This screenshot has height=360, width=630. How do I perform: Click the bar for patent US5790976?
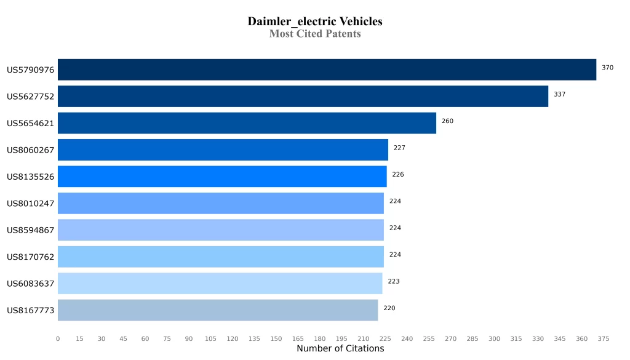[x=327, y=70]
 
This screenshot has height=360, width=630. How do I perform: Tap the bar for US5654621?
[x=247, y=123]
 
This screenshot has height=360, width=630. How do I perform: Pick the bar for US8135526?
[x=222, y=176]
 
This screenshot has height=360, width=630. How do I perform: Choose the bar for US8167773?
[x=218, y=310]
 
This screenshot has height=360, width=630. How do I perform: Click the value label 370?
[x=607, y=68]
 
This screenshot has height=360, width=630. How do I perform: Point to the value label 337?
[x=559, y=94]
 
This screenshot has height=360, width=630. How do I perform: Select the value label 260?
[x=447, y=121]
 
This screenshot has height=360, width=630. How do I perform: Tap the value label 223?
[x=394, y=281]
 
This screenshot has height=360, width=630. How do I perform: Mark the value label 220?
[x=389, y=308]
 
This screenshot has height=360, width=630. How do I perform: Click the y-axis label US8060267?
[x=31, y=150]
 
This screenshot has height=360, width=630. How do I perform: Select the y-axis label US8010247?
[x=31, y=204]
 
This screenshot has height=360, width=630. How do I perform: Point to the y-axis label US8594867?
[x=31, y=230]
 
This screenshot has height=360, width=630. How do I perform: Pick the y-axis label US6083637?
[x=31, y=284]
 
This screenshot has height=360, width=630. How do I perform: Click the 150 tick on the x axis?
[x=276, y=338]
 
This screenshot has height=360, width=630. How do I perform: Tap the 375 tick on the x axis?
[x=603, y=338]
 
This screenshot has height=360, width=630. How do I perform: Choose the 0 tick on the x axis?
[x=58, y=338]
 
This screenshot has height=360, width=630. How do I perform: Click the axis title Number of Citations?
[x=340, y=349]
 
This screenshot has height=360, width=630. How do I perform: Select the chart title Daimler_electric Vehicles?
[x=315, y=22]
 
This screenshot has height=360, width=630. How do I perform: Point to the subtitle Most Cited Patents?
[x=315, y=34]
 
